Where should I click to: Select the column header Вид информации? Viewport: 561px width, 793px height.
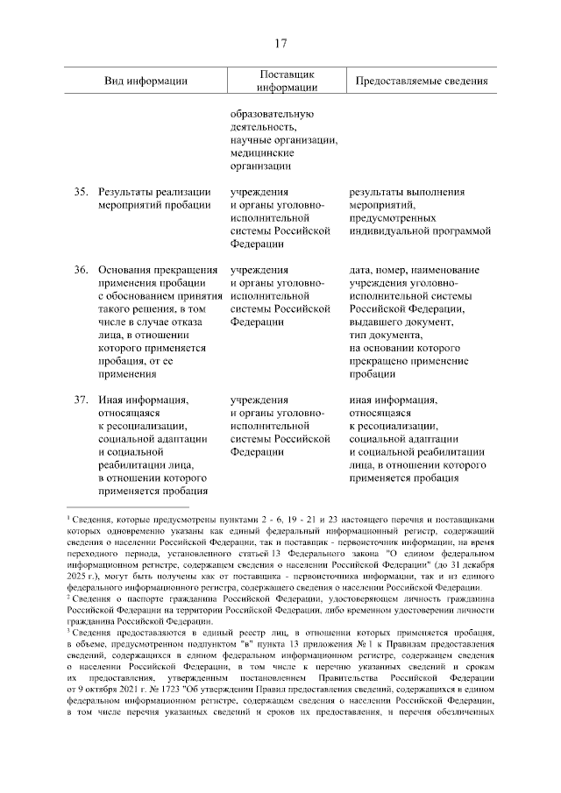(x=146, y=81)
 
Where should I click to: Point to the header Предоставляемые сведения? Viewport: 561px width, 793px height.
(x=421, y=81)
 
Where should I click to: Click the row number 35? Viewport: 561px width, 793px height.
(x=82, y=192)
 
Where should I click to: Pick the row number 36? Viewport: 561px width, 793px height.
(x=82, y=270)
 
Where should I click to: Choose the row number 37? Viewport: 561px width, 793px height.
(x=82, y=401)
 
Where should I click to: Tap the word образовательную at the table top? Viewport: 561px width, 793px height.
(x=273, y=114)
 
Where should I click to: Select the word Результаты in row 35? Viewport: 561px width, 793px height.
(x=126, y=192)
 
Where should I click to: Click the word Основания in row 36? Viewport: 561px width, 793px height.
(x=125, y=270)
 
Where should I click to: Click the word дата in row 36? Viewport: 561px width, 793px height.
(x=360, y=270)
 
